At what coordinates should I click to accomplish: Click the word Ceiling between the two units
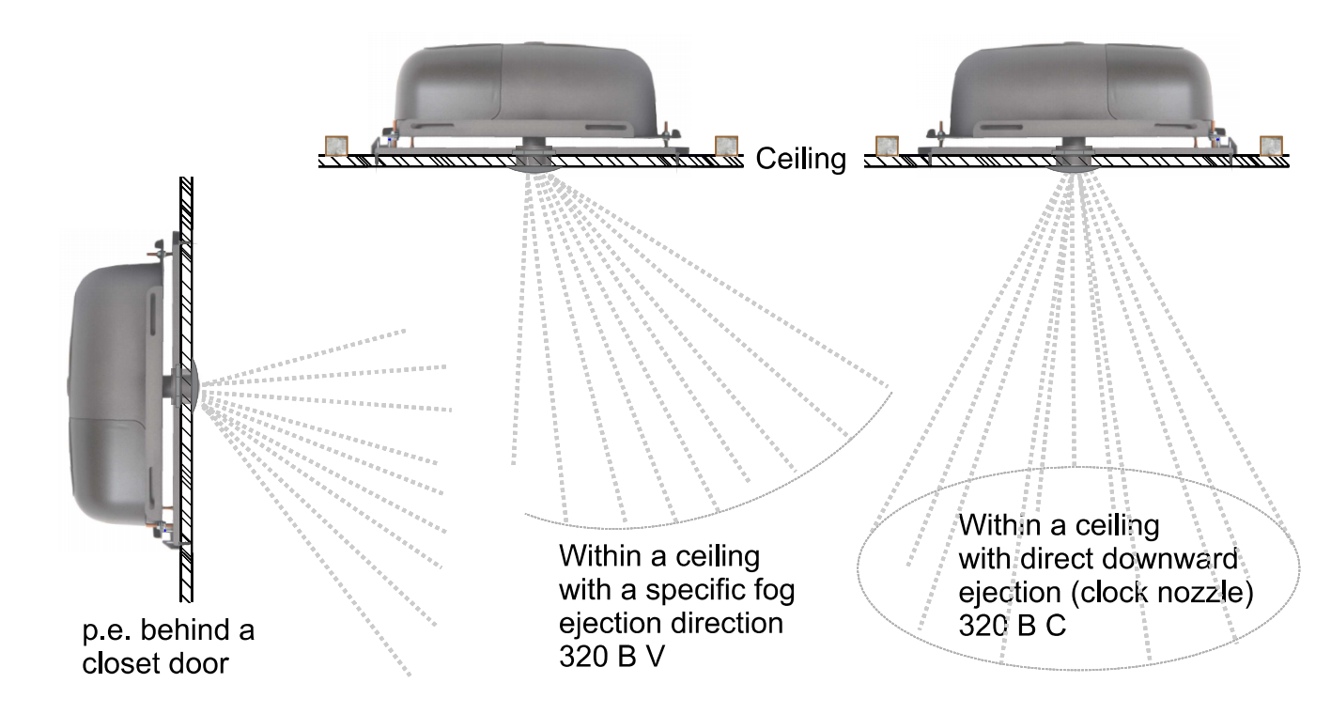coord(800,160)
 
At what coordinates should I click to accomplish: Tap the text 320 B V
coord(611,657)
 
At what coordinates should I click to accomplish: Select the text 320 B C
coord(1012,626)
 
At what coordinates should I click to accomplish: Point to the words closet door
coord(155,663)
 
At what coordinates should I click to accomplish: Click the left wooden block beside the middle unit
coord(336,147)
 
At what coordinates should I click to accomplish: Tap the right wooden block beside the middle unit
coord(726,147)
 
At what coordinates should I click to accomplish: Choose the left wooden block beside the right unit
coord(887,147)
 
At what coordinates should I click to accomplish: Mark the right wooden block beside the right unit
coord(1271,147)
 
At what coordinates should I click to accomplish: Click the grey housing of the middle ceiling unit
coord(525,89)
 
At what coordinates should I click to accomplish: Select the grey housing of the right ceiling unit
coord(1080,89)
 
